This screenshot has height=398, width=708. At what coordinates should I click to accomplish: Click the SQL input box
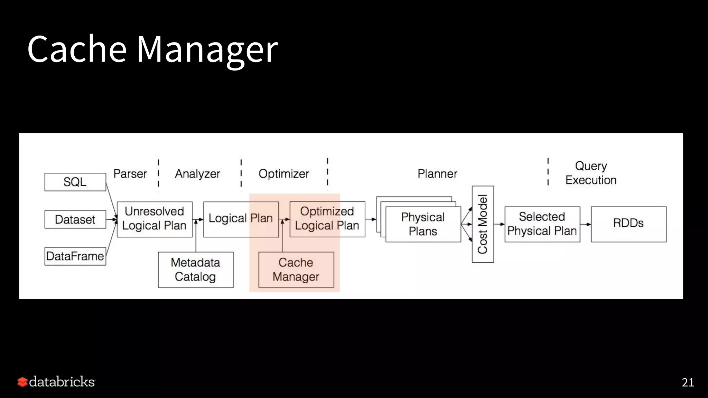[75, 182]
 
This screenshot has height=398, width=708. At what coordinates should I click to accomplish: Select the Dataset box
[75, 219]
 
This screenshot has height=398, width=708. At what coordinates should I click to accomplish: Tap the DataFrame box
[75, 256]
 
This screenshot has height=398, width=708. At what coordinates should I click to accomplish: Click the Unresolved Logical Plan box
[155, 219]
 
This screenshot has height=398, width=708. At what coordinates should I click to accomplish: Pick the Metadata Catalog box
[196, 269]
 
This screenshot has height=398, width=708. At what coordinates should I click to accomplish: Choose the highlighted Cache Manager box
[296, 269]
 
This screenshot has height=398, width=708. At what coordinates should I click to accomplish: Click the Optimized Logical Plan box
[327, 219]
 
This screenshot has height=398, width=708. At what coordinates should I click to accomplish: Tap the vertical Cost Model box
[483, 224]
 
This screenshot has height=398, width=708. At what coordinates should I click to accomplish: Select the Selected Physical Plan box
[542, 224]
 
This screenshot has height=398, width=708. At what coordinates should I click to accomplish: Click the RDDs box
[628, 224]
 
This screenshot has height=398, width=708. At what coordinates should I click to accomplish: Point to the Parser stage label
[130, 174]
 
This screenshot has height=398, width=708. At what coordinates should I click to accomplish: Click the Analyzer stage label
[197, 174]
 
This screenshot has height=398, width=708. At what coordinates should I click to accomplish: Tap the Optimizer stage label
[284, 174]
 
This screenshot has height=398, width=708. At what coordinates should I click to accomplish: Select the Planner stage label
[437, 174]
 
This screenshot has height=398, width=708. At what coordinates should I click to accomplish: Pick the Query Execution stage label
[591, 173]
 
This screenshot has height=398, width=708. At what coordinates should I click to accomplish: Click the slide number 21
[688, 382]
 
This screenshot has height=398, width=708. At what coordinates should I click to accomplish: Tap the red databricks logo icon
[22, 382]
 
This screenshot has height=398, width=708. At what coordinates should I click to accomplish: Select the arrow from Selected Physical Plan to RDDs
[586, 224]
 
